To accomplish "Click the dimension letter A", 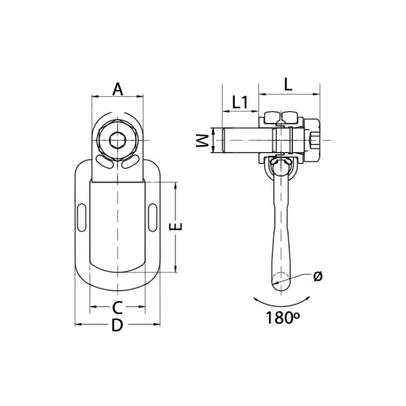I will [118, 89].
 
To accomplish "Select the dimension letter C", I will [117, 307].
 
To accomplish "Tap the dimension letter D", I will [117, 326].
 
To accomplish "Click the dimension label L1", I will [240, 103].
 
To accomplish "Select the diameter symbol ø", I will [317, 276].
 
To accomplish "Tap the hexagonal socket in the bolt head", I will [118, 140].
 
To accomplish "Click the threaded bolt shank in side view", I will [241, 140].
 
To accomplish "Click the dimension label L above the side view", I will [288, 85].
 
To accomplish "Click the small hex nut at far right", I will [316, 140].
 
